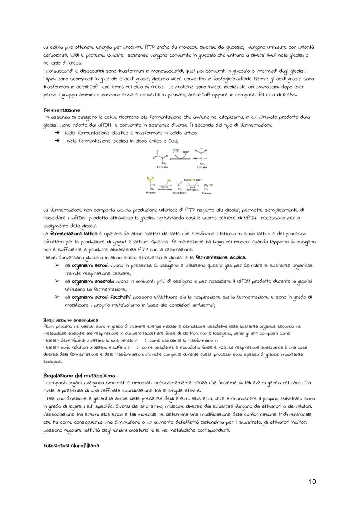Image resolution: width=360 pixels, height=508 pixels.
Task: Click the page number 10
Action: pos(312,481)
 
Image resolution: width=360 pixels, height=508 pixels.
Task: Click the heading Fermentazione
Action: pos(62,110)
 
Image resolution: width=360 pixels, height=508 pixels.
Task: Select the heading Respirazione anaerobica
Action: pos(71,320)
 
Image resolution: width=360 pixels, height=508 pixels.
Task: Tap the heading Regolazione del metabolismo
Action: pos(79,375)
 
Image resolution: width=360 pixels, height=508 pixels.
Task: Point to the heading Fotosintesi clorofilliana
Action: pos(71,445)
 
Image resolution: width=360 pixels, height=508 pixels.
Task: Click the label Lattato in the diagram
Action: pos(202,167)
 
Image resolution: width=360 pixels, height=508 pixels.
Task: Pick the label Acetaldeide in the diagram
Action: pos(179,193)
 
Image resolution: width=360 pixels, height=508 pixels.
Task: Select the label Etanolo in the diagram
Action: pos(206,193)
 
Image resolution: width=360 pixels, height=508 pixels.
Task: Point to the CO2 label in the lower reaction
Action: pos(168,181)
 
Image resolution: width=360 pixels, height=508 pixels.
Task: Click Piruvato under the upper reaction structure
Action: pos(162,167)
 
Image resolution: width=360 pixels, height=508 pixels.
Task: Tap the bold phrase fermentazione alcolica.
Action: pos(221,257)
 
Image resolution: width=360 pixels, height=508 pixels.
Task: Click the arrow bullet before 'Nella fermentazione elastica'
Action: pos(57,133)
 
